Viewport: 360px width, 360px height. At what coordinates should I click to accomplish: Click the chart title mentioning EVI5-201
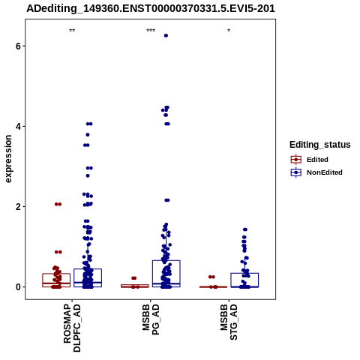pos(151,8)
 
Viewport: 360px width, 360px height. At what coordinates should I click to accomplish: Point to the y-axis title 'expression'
pos(8,159)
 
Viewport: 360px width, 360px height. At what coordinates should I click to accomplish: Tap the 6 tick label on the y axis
pos(18,46)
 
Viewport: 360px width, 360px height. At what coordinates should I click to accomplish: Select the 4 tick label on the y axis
pos(18,126)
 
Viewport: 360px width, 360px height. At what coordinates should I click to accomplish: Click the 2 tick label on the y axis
pos(18,207)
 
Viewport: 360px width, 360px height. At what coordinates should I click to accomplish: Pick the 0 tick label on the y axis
pos(18,287)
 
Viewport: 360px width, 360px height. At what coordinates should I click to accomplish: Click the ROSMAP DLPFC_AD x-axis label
pos(72,328)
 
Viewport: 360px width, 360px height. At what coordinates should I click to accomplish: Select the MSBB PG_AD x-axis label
pos(151,319)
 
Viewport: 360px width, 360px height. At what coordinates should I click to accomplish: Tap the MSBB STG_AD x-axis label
pos(229,322)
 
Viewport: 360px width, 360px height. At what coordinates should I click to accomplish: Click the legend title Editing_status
pos(320,145)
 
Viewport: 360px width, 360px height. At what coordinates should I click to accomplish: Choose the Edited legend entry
pos(310,160)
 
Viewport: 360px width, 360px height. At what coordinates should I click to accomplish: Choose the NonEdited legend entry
pos(316,172)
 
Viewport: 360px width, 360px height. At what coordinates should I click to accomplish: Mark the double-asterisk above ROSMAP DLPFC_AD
pos(72,31)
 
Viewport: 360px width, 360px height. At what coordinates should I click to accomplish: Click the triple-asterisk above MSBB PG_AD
pos(151,31)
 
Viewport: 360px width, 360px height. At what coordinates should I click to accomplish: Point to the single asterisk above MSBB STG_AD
pos(229,31)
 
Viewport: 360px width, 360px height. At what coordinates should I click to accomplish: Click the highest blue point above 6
pos(166,36)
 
